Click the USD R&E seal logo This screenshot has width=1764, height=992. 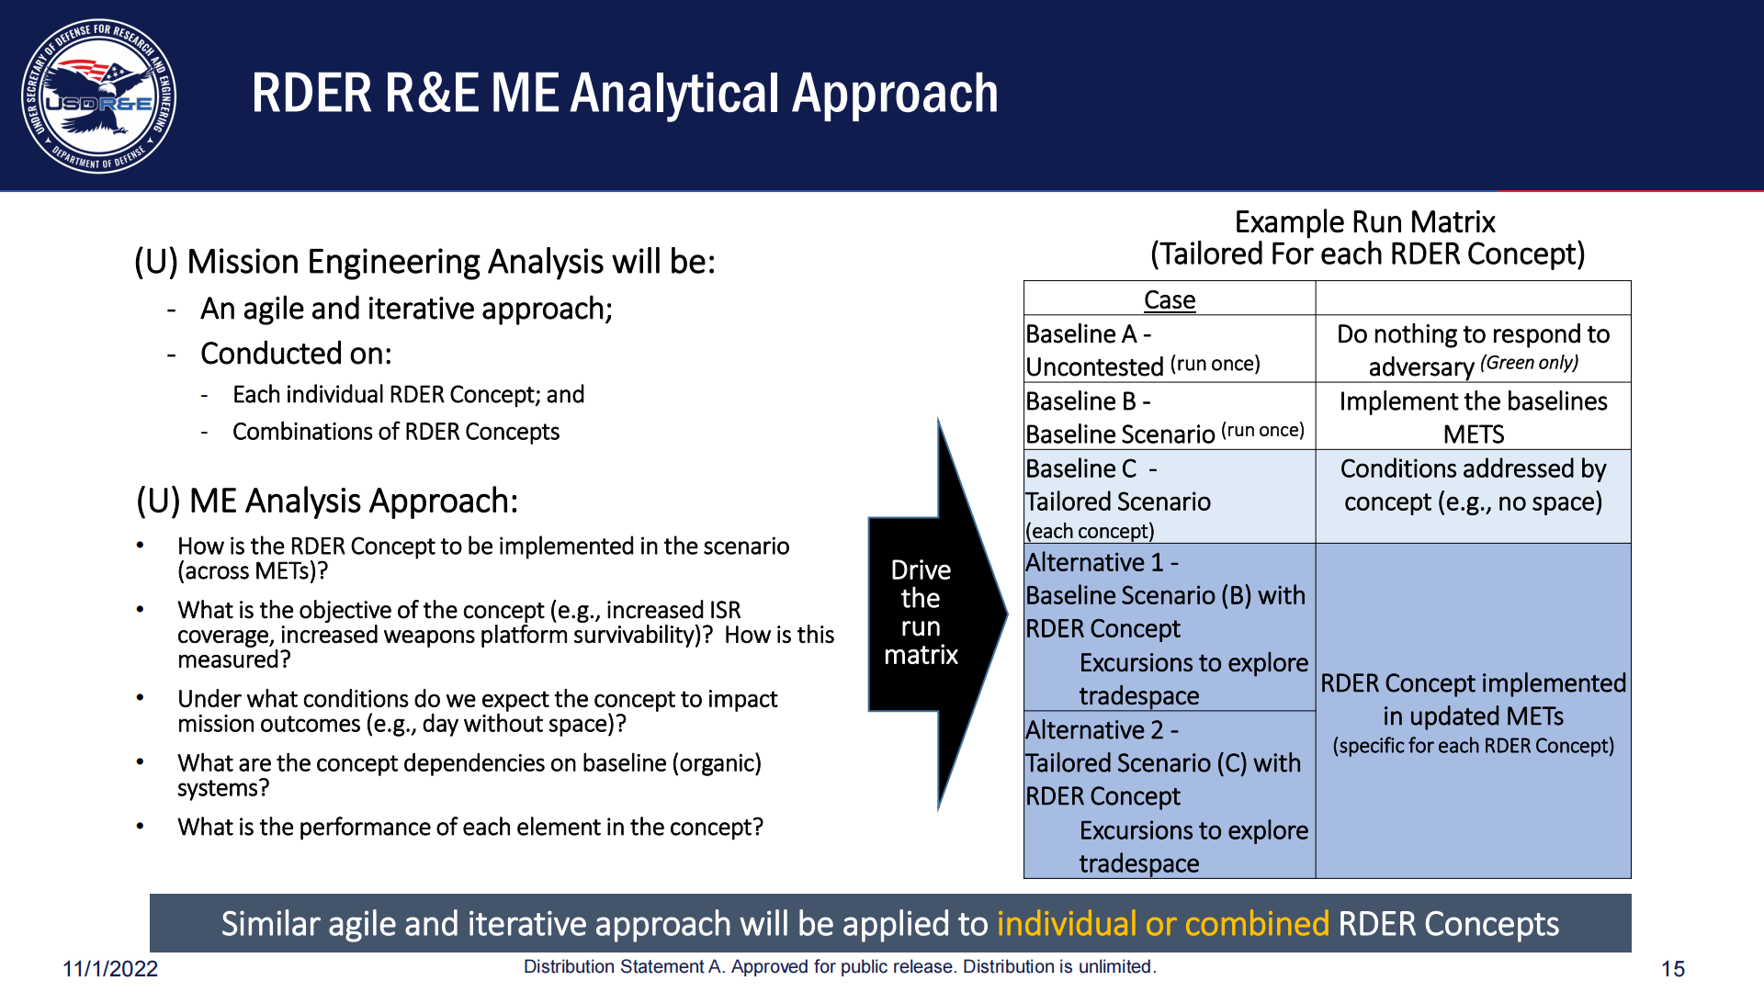99,96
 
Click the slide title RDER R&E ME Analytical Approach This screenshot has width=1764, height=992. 625,94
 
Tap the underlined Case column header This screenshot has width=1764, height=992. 1170,299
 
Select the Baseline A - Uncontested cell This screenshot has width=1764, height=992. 1170,349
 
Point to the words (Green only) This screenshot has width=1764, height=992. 1529,363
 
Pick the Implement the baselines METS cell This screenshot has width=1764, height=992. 1474,417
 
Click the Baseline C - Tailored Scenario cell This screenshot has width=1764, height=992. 1170,497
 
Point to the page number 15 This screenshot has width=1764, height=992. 1673,969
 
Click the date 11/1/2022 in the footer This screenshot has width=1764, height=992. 110,969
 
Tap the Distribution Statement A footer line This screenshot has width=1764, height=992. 840,966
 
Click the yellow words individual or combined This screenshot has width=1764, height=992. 1163,923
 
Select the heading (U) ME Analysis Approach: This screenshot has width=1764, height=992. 327,501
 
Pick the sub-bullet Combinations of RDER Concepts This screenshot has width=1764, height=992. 396,432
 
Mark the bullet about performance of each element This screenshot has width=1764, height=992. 470,828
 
